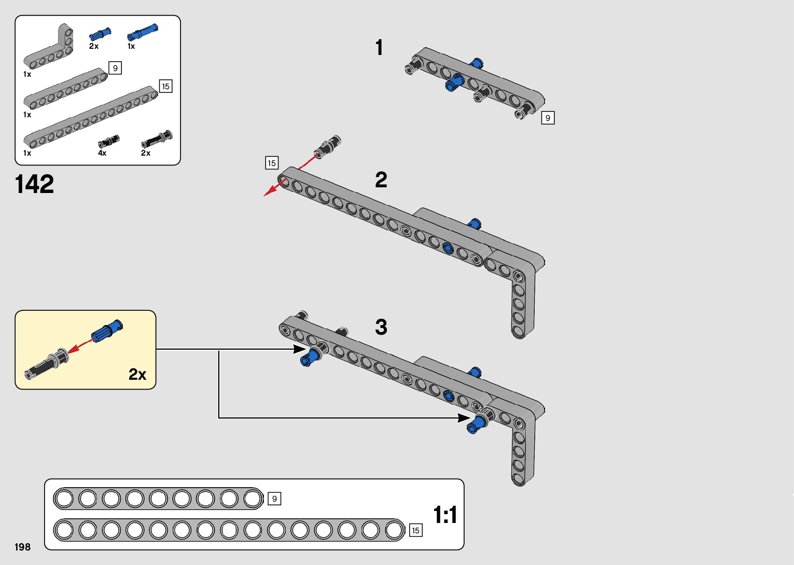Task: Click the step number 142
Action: [34, 184]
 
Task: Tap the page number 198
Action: [23, 547]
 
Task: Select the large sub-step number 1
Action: [379, 48]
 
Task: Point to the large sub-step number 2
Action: [381, 180]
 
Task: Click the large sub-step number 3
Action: [381, 327]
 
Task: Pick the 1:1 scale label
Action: [445, 515]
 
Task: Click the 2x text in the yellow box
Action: [137, 374]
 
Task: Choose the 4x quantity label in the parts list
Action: [102, 153]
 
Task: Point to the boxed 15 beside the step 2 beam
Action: [271, 163]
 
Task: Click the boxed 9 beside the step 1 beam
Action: [548, 118]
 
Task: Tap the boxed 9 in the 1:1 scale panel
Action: [274, 499]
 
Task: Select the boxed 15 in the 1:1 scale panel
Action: [415, 530]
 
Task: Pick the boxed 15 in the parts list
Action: [165, 86]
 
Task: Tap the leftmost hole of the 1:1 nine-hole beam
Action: [64, 499]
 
